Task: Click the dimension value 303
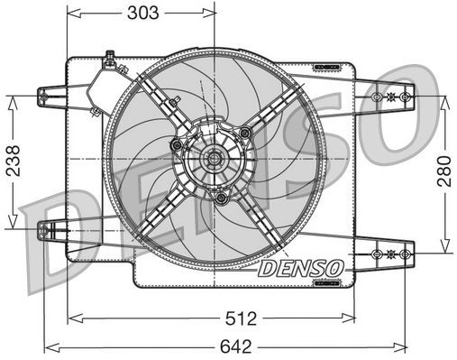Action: (142, 13)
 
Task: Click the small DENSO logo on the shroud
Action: (299, 268)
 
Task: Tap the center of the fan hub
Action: (215, 161)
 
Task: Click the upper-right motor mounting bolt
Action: (244, 134)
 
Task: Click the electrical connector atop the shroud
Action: (109, 60)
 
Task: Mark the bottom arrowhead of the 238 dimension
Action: (12, 227)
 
